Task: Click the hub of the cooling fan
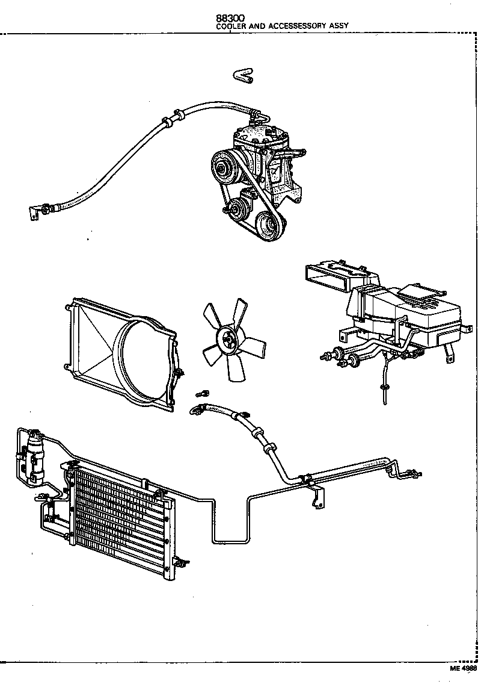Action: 228,341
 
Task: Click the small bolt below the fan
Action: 202,394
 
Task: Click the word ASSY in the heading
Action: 339,26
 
